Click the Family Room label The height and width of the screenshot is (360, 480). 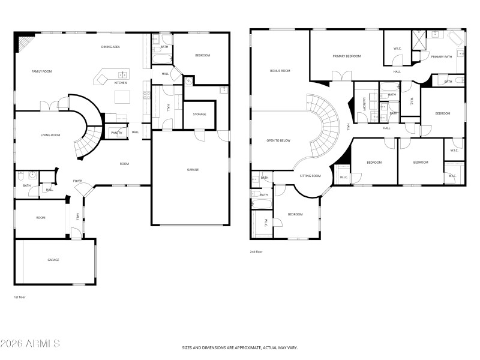point(42,71)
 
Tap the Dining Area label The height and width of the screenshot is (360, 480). point(111,46)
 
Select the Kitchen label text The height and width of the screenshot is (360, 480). point(121,83)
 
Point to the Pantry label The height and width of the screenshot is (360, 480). point(116,133)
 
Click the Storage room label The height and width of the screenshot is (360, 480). point(199,114)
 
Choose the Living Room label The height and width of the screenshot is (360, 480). point(50,135)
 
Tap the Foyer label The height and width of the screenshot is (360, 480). point(77,181)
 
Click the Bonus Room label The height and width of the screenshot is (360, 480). point(280,71)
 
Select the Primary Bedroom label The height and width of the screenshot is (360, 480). point(347,56)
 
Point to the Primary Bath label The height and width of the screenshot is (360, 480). point(441,56)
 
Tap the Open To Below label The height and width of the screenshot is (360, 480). point(278,140)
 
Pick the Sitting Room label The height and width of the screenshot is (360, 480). point(310,176)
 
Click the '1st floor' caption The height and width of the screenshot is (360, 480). point(20,297)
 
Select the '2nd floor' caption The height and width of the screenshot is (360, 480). point(256,252)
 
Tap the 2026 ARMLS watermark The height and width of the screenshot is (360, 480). point(30,344)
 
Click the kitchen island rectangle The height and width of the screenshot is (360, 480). point(122,97)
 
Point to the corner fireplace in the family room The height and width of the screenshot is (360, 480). point(25,43)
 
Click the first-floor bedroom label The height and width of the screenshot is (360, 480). point(202,55)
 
